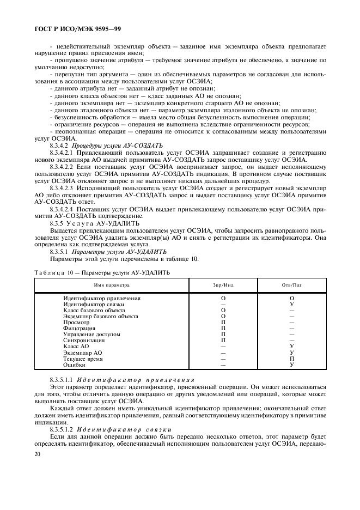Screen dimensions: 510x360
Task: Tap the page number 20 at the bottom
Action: [x=38, y=454]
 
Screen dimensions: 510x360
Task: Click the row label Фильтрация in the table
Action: [x=79, y=329]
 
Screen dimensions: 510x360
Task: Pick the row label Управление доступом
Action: [x=91, y=335]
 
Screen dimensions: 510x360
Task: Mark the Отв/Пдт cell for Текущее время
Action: [x=292, y=359]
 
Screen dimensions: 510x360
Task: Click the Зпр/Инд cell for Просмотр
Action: [x=223, y=323]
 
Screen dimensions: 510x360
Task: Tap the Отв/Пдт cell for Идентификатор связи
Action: [x=292, y=305]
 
